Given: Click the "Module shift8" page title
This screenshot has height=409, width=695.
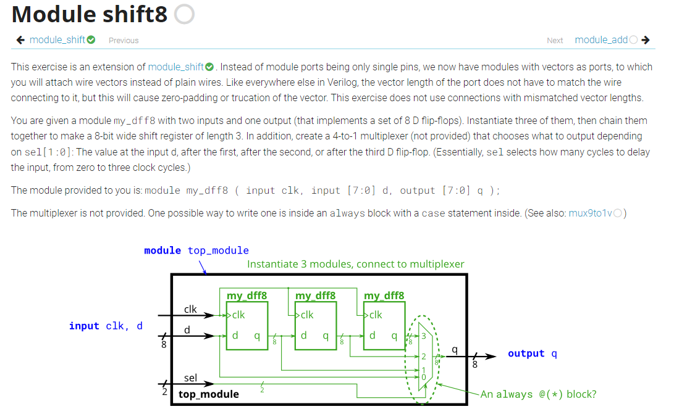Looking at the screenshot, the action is pyautogui.click(x=90, y=15).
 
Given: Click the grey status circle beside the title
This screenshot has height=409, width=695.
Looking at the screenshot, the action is pyautogui.click(x=184, y=15).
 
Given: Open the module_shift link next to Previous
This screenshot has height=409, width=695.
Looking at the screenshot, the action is pyautogui.click(x=57, y=40).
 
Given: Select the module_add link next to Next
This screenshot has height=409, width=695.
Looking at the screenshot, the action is pyautogui.click(x=601, y=40).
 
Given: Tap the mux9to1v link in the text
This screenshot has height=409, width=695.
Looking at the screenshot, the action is pyautogui.click(x=591, y=213).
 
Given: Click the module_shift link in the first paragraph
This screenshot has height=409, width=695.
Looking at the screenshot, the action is pyautogui.click(x=176, y=67).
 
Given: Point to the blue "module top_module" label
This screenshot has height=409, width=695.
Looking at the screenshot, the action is pyautogui.click(x=196, y=250).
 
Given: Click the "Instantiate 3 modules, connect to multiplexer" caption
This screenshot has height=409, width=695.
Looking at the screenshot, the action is pyautogui.click(x=355, y=264).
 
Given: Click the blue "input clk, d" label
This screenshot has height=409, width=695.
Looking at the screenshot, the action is pyautogui.click(x=106, y=326).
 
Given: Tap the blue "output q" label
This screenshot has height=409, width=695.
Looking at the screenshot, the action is pyautogui.click(x=532, y=353).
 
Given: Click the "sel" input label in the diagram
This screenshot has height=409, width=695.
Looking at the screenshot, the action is pyautogui.click(x=190, y=377).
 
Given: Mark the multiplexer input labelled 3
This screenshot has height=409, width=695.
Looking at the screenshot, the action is pyautogui.click(x=424, y=336).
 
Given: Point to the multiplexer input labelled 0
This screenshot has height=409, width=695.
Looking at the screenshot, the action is pyautogui.click(x=423, y=376).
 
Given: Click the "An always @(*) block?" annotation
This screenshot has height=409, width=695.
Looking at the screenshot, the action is pyautogui.click(x=538, y=394).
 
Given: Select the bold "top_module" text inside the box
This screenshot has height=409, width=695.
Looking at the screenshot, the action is pyautogui.click(x=208, y=394).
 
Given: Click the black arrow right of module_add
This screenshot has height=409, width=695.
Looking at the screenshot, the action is pyautogui.click(x=646, y=40).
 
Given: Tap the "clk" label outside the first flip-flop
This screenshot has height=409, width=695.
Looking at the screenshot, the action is pyautogui.click(x=190, y=308).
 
